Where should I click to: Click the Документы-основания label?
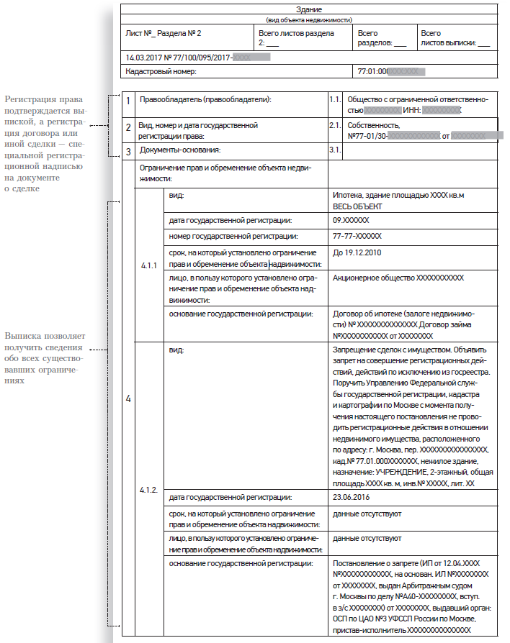pyautogui.click(x=179, y=150)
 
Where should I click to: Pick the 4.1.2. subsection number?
pyautogui.click(x=148, y=489)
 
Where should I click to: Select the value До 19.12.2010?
pyautogui.click(x=357, y=252)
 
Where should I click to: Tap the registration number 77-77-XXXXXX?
pyautogui.click(x=357, y=235)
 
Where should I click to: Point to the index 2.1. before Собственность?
pyautogui.click(x=334, y=125)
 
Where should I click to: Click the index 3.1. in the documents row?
pyautogui.click(x=334, y=150)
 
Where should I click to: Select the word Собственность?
pyautogui.click(x=373, y=125)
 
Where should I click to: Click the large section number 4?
pyautogui.click(x=128, y=398)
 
